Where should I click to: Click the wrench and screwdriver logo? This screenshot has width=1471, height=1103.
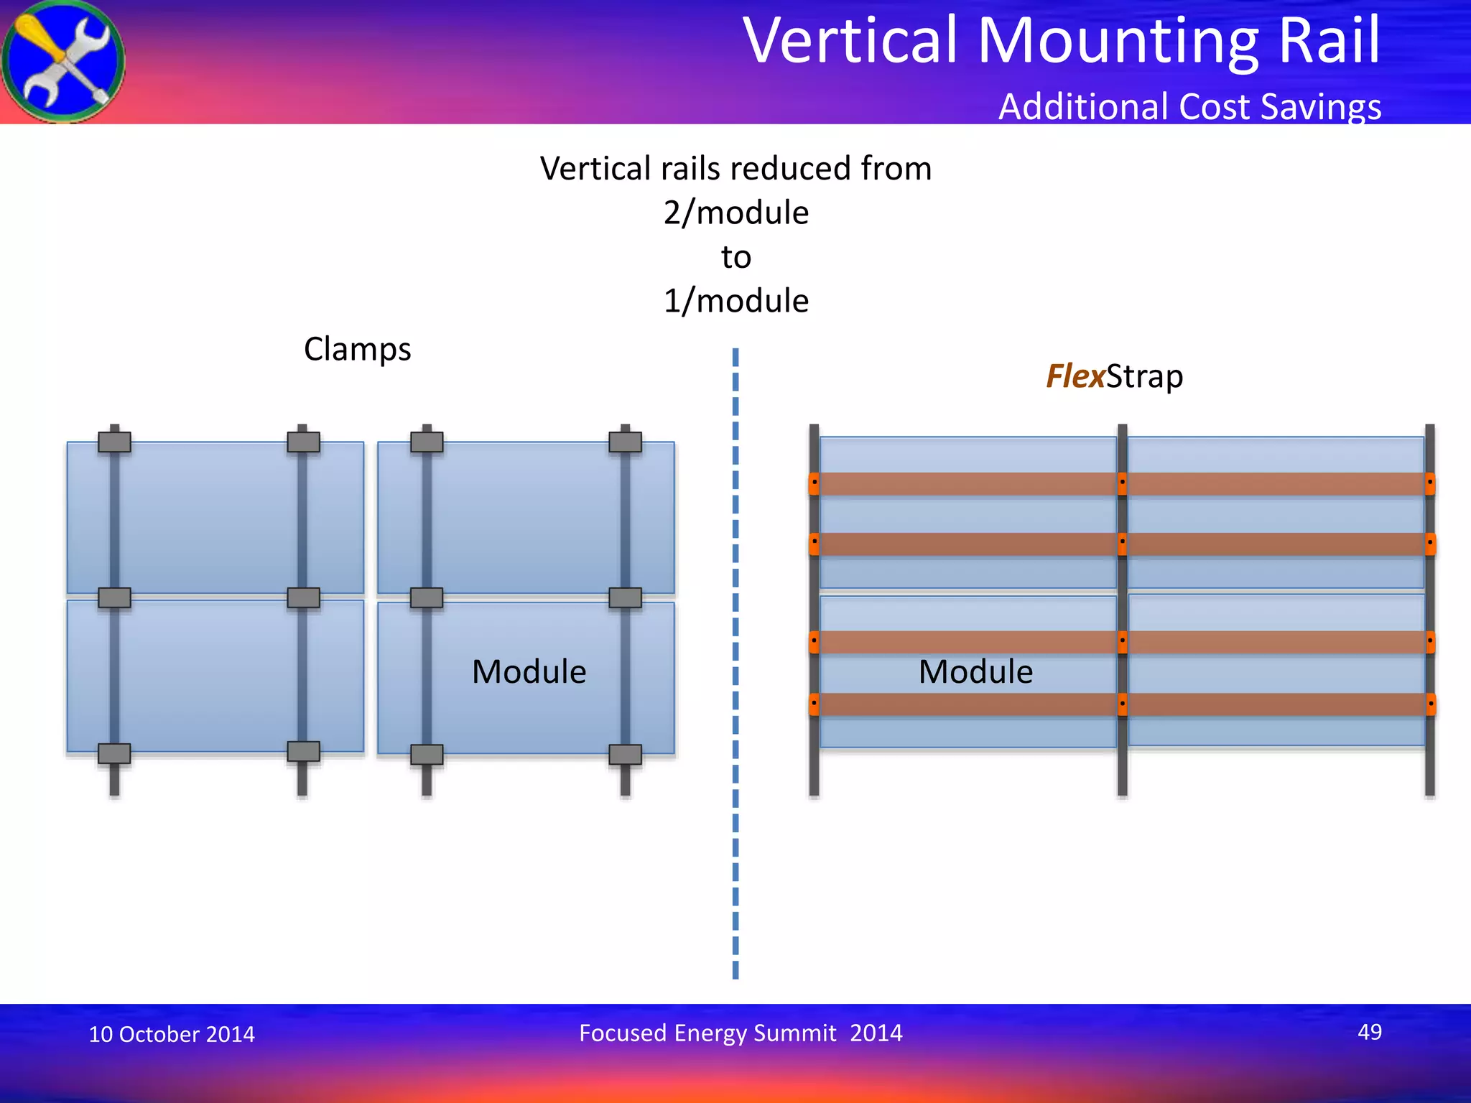63,62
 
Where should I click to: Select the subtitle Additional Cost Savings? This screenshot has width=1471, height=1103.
1189,106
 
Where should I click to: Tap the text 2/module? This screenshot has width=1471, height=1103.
735,213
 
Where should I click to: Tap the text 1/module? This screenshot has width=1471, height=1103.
735,301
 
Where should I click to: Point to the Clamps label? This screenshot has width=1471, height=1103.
357,350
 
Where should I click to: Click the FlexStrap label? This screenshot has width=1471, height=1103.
1114,376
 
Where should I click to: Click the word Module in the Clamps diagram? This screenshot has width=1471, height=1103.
529,672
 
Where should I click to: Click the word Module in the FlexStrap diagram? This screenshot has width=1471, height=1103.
975,672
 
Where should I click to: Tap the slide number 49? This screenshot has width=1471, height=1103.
1369,1032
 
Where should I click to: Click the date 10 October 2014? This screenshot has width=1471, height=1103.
172,1034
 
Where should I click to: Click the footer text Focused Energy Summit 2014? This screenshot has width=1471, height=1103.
741,1033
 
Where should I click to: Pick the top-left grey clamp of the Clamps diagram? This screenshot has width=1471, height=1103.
114,441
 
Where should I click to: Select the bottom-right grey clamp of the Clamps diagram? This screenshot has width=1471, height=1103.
625,754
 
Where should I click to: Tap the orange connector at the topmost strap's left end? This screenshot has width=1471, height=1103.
814,483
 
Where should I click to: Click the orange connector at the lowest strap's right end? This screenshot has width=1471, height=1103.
1430,704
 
